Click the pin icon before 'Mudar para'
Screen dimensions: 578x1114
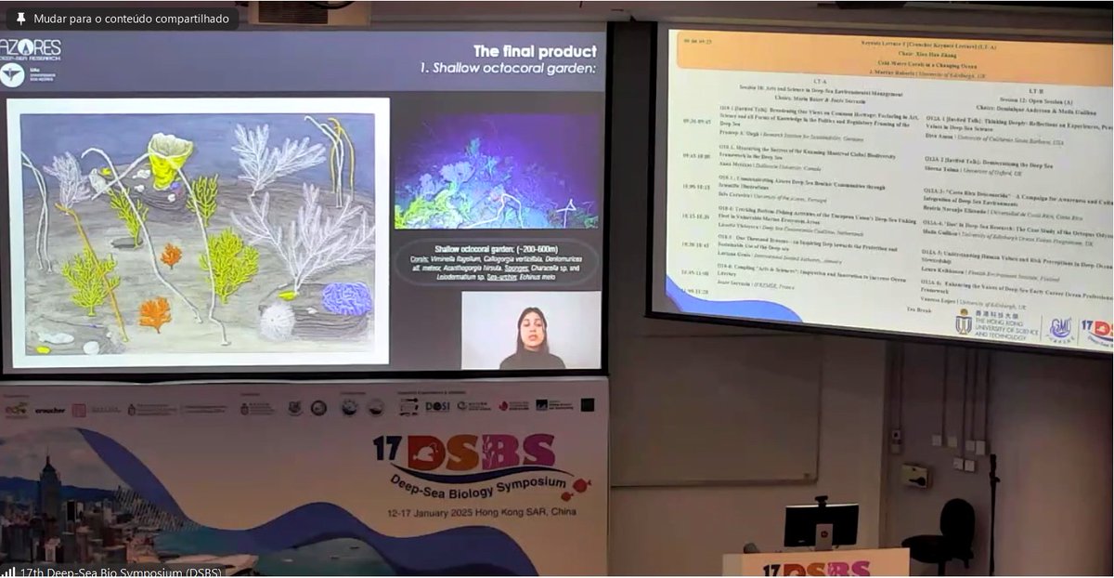point(20,19)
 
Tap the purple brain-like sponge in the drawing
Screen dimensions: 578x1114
point(346,298)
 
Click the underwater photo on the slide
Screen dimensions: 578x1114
point(497,182)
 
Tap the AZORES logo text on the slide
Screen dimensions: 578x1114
point(33,47)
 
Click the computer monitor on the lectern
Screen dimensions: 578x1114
point(821,525)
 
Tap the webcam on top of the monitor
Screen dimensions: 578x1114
point(821,502)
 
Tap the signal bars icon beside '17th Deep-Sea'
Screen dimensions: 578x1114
point(9,571)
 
